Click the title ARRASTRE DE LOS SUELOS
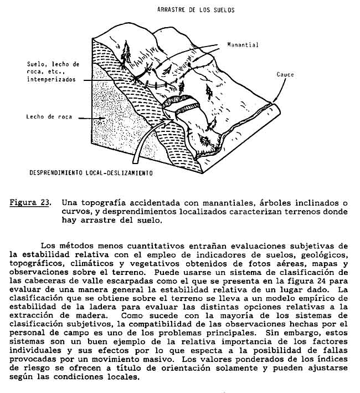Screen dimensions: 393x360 (196, 10)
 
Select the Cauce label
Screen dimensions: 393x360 (286, 74)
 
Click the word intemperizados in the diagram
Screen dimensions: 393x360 (53, 80)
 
